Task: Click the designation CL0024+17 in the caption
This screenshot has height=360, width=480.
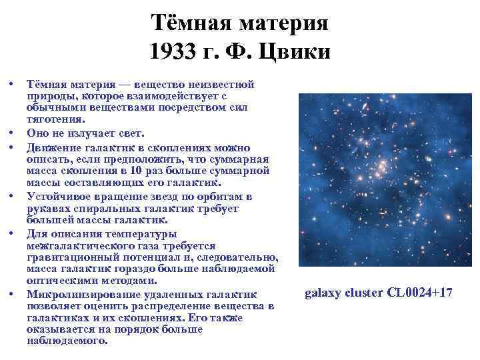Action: point(419,292)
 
